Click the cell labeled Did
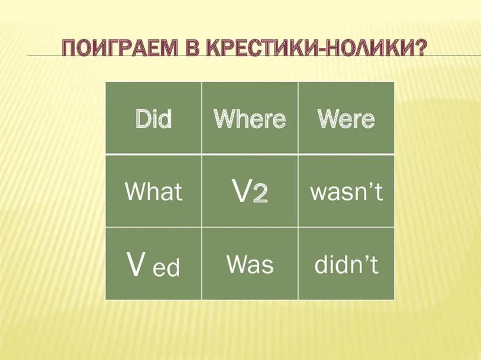[153, 118]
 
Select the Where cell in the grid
[250, 118]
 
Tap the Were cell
[346, 118]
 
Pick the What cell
[153, 191]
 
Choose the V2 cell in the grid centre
[250, 191]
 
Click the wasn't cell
[346, 191]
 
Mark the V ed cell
[153, 264]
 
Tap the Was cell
[250, 264]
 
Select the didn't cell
[346, 264]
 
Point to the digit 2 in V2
[260, 194]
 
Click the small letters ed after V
[166, 267]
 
